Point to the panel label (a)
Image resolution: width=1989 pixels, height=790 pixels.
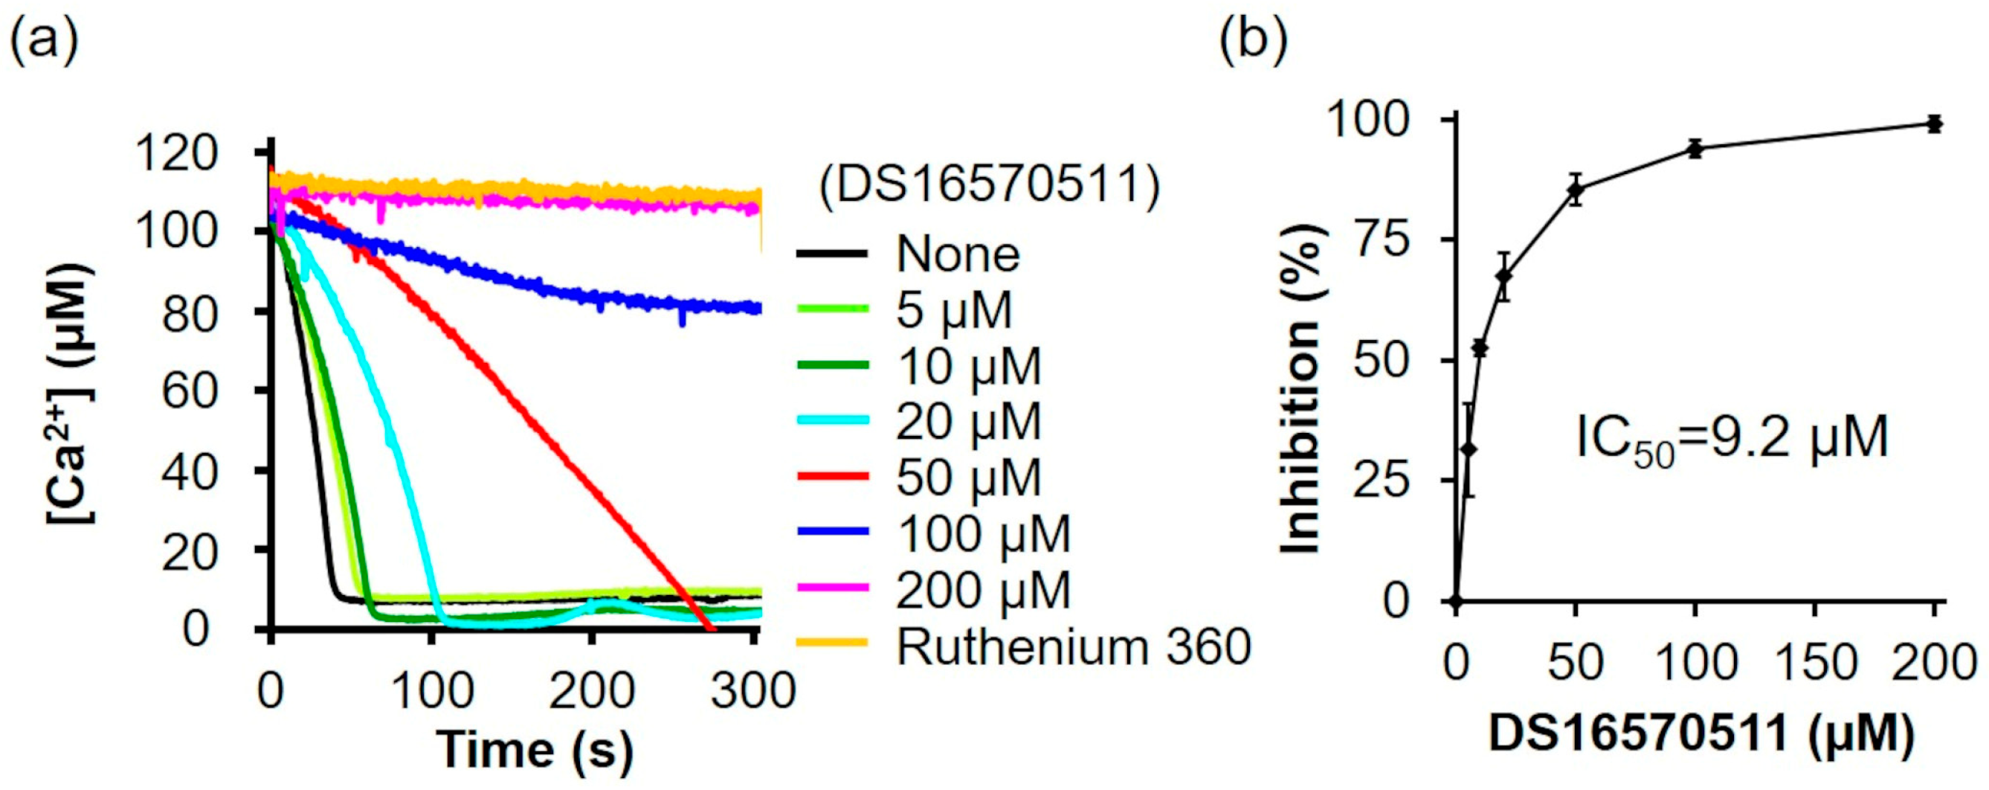point(43,39)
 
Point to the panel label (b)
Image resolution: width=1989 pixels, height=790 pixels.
point(1253,39)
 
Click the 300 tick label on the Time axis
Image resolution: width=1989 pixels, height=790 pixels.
point(752,690)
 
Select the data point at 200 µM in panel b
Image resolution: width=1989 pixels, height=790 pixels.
point(1933,123)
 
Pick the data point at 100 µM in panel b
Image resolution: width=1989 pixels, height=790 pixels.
point(1695,149)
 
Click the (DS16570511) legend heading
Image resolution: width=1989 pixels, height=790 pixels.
point(989,187)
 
